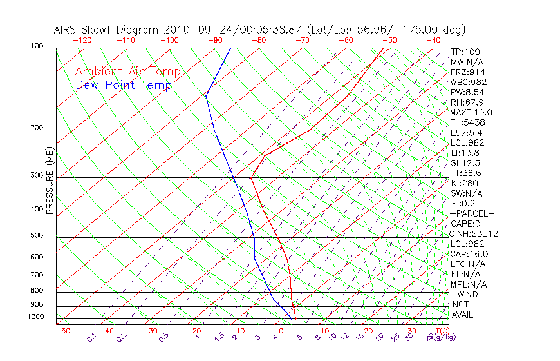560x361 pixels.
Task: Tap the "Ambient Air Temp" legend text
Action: [x=127, y=72]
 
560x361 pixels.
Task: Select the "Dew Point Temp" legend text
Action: [x=124, y=85]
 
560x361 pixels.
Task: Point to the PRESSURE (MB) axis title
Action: [x=50, y=180]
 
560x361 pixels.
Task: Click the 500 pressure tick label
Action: [x=37, y=236]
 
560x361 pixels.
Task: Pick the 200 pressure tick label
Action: [x=37, y=128]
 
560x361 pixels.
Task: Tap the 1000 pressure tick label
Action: [x=35, y=317]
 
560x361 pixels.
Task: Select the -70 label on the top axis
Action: [x=301, y=40]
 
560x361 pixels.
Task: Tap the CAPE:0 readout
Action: [x=465, y=224]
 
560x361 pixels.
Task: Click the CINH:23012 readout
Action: [x=474, y=234]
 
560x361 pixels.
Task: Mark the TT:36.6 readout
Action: [x=467, y=173]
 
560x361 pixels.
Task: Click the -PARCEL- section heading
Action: [x=472, y=213]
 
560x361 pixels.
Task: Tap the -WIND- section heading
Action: [x=468, y=294]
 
